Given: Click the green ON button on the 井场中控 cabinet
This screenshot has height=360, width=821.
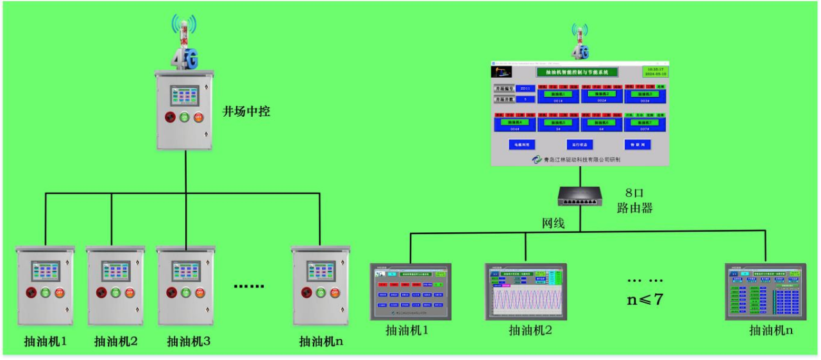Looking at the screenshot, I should (x=184, y=117).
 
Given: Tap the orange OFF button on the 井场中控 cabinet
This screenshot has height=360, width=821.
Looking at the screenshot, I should (x=199, y=117).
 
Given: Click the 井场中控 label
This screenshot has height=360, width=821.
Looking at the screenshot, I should (x=246, y=112).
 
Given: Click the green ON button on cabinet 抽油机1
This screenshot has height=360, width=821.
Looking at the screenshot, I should (x=45, y=293).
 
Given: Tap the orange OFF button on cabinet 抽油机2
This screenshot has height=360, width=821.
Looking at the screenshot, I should (x=130, y=293).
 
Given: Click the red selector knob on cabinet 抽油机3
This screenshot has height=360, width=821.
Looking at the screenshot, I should (x=171, y=293).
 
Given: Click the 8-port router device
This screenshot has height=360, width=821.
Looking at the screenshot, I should (x=580, y=196).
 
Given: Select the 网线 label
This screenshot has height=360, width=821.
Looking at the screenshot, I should (x=554, y=223).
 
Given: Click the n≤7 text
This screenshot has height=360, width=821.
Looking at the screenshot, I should (x=645, y=299).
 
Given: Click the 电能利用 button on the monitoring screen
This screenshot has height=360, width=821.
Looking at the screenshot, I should (x=521, y=145).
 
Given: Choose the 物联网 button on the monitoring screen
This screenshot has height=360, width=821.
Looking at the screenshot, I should (x=637, y=145).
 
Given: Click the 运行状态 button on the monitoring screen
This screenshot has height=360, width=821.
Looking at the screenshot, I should (x=579, y=145).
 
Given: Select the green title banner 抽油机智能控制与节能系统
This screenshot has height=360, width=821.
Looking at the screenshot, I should (x=577, y=73).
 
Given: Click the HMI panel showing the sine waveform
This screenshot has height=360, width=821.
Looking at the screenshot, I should (x=526, y=292).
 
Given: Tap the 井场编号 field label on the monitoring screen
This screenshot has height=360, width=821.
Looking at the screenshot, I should (x=504, y=89).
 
